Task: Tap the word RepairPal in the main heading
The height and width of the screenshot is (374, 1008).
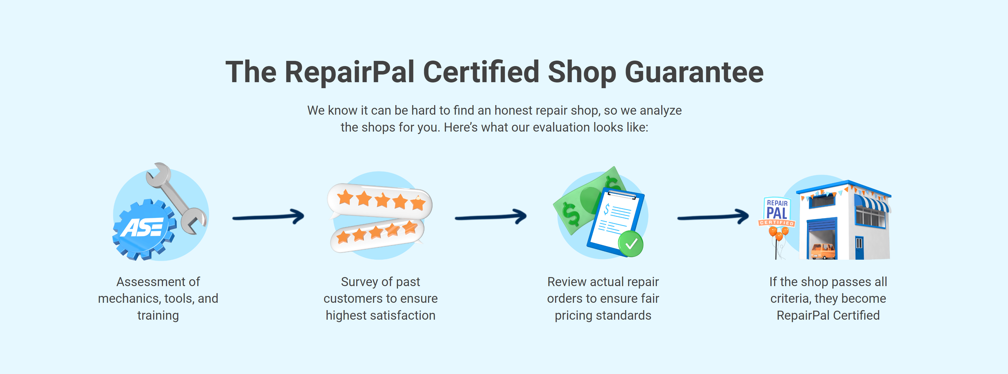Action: (349, 72)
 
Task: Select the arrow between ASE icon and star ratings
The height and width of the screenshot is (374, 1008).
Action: (268, 217)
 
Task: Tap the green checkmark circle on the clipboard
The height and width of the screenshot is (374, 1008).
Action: (630, 244)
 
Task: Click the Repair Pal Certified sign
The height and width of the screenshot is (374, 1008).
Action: (777, 212)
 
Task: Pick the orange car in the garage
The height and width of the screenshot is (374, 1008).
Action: (823, 251)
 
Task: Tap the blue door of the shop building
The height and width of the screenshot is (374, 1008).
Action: (859, 247)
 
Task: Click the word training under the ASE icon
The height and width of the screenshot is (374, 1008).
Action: (158, 315)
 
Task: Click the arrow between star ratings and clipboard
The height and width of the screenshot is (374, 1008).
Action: (491, 217)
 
